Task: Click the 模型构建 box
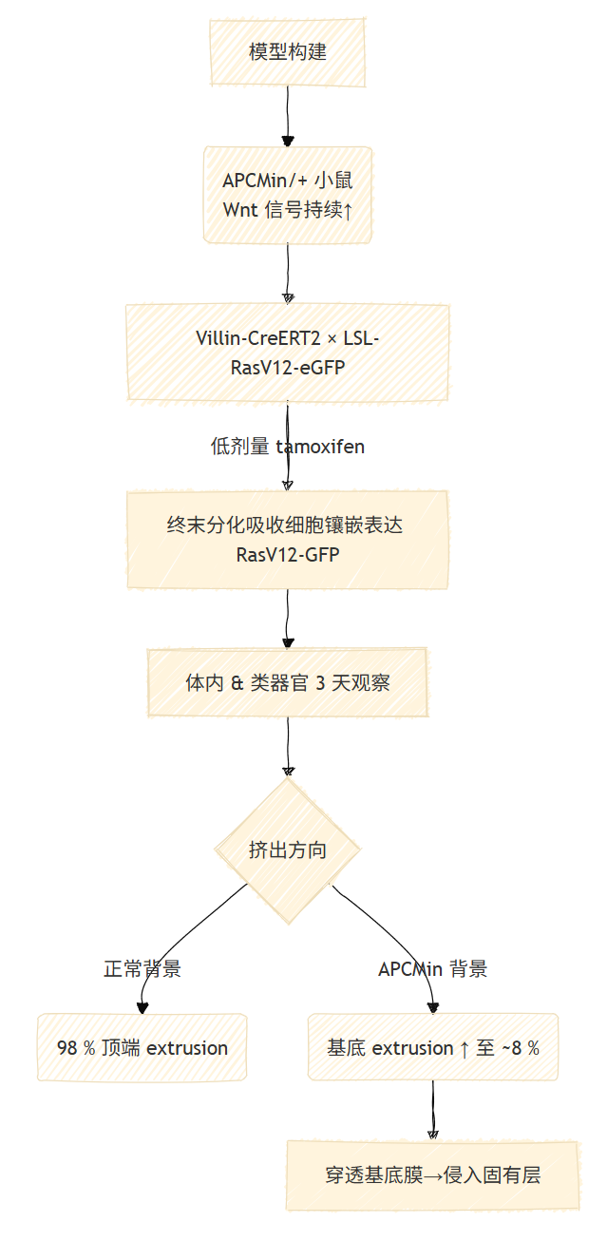point(288,52)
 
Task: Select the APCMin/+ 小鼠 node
point(288,195)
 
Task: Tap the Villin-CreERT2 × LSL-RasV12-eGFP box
point(288,353)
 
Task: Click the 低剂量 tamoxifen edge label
point(288,447)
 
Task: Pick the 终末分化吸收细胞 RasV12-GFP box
point(288,540)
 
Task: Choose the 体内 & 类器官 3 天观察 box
point(288,682)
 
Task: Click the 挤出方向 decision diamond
point(288,850)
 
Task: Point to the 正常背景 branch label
point(142,969)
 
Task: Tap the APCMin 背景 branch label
point(432,969)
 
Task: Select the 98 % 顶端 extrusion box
point(142,1048)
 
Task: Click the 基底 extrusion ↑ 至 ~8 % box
point(432,1048)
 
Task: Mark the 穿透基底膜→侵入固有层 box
point(432,1175)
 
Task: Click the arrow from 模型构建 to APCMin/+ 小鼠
point(288,116)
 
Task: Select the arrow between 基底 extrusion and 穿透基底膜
point(433,1110)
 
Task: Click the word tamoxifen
point(320,447)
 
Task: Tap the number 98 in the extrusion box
point(67,1048)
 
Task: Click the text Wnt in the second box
point(240,210)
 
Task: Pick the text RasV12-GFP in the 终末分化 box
point(288,555)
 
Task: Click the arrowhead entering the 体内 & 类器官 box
point(288,642)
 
